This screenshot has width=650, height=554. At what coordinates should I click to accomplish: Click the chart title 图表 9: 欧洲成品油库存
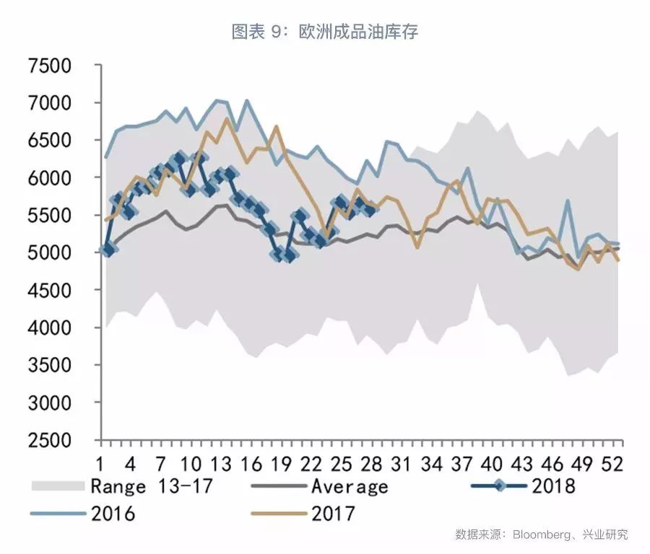[324, 32]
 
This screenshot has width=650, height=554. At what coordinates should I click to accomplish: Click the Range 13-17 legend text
[152, 486]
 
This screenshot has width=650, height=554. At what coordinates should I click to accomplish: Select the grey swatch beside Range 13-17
[58, 486]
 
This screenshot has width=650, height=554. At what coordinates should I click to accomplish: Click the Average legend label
[350, 486]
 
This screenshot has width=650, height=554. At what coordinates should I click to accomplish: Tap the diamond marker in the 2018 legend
[499, 485]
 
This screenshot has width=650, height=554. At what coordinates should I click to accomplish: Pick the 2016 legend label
[113, 514]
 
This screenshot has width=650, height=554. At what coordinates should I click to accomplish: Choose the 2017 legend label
[333, 514]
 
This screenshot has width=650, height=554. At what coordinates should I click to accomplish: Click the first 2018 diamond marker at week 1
[108, 249]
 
